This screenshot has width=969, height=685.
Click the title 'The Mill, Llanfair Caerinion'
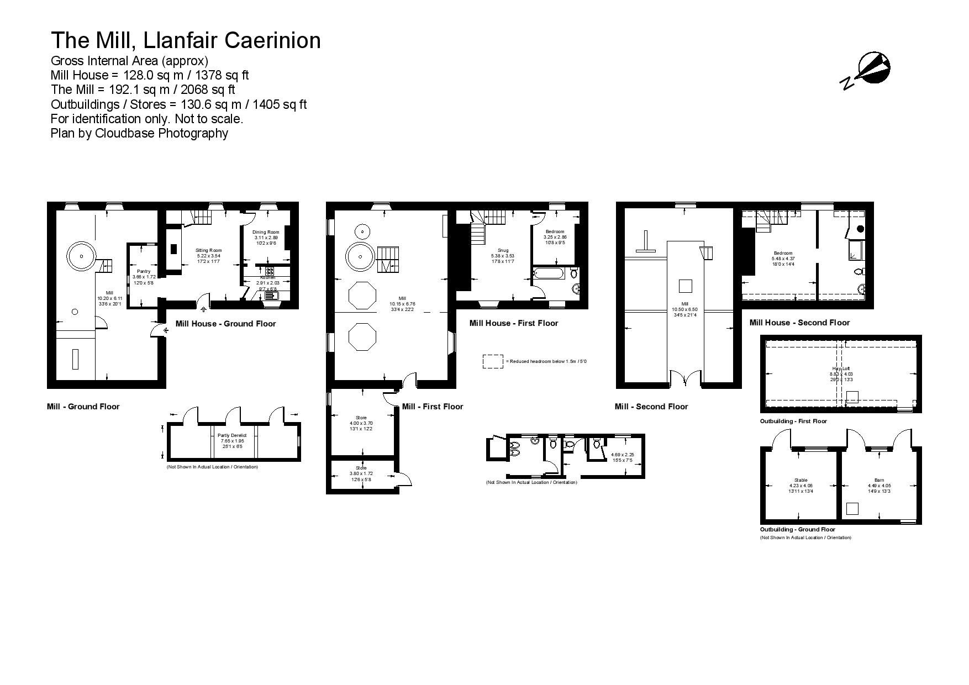pyautogui.click(x=186, y=40)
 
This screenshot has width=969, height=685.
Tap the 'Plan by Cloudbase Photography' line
pyautogui.click(x=139, y=133)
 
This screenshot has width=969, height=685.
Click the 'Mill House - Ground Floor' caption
pyautogui.click(x=225, y=324)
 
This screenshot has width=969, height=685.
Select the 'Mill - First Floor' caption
pyautogui.click(x=433, y=407)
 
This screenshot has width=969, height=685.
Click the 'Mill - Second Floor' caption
pyautogui.click(x=651, y=407)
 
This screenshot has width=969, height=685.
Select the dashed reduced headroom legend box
pyautogui.click(x=493, y=361)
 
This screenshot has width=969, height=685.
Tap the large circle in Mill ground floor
pyautogui.click(x=81, y=256)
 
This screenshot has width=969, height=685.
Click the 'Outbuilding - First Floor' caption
pyautogui.click(x=793, y=421)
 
